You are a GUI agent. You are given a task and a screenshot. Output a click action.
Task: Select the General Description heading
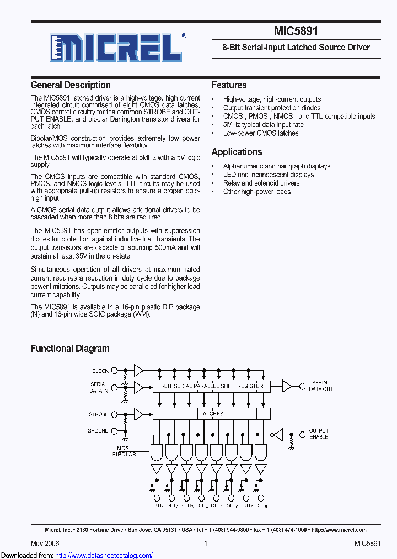[x=71, y=85]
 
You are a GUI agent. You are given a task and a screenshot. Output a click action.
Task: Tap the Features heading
[x=229, y=85]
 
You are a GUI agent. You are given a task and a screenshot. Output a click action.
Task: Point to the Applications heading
[x=237, y=152]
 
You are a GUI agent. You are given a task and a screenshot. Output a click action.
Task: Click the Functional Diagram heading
[x=70, y=349]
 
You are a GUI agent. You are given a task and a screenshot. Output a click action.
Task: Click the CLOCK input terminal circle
[x=114, y=371]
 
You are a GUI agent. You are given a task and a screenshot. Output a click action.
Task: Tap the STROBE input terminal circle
[x=114, y=414]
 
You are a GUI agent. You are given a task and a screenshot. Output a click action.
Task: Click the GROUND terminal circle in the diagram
[x=114, y=431]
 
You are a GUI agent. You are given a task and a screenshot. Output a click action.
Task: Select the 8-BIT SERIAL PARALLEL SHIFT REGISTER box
[x=211, y=386]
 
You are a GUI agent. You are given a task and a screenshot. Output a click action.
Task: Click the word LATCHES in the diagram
[x=211, y=413]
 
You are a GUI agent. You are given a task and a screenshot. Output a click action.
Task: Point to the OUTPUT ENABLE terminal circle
[x=302, y=434]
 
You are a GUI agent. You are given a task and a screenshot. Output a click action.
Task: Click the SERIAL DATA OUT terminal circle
[x=302, y=386]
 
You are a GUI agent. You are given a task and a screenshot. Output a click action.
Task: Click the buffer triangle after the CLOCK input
[x=138, y=371]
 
